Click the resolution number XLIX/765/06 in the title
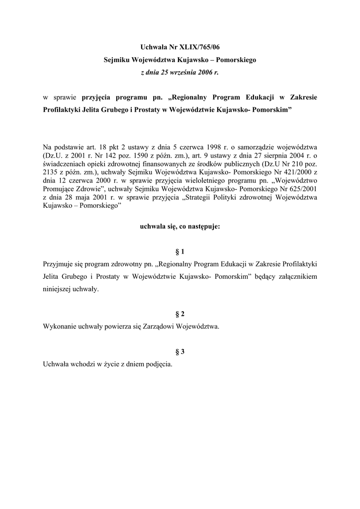(x=199, y=48)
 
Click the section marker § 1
(x=180, y=251)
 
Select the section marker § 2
(x=180, y=314)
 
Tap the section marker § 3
(x=180, y=352)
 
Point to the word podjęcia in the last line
(x=160, y=364)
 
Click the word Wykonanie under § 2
(x=60, y=327)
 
